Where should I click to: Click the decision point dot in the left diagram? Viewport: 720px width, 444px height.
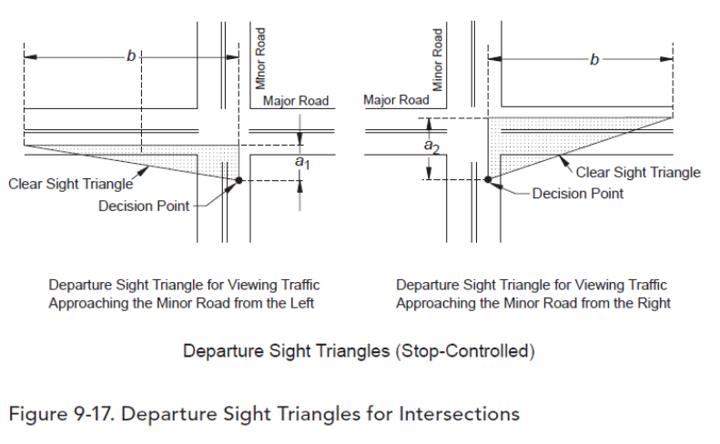click(238, 181)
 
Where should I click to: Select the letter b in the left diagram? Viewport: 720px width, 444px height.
click(131, 56)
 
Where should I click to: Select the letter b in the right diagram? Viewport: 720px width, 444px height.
click(594, 60)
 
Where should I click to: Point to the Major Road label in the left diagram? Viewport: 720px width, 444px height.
click(295, 100)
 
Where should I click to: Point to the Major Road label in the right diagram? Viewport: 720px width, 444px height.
click(396, 100)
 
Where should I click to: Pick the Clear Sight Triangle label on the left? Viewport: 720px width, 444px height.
click(71, 184)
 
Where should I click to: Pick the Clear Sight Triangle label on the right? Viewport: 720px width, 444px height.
click(639, 172)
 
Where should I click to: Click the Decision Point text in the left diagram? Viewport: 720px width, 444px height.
click(144, 207)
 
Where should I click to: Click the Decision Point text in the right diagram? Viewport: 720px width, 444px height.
click(578, 193)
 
